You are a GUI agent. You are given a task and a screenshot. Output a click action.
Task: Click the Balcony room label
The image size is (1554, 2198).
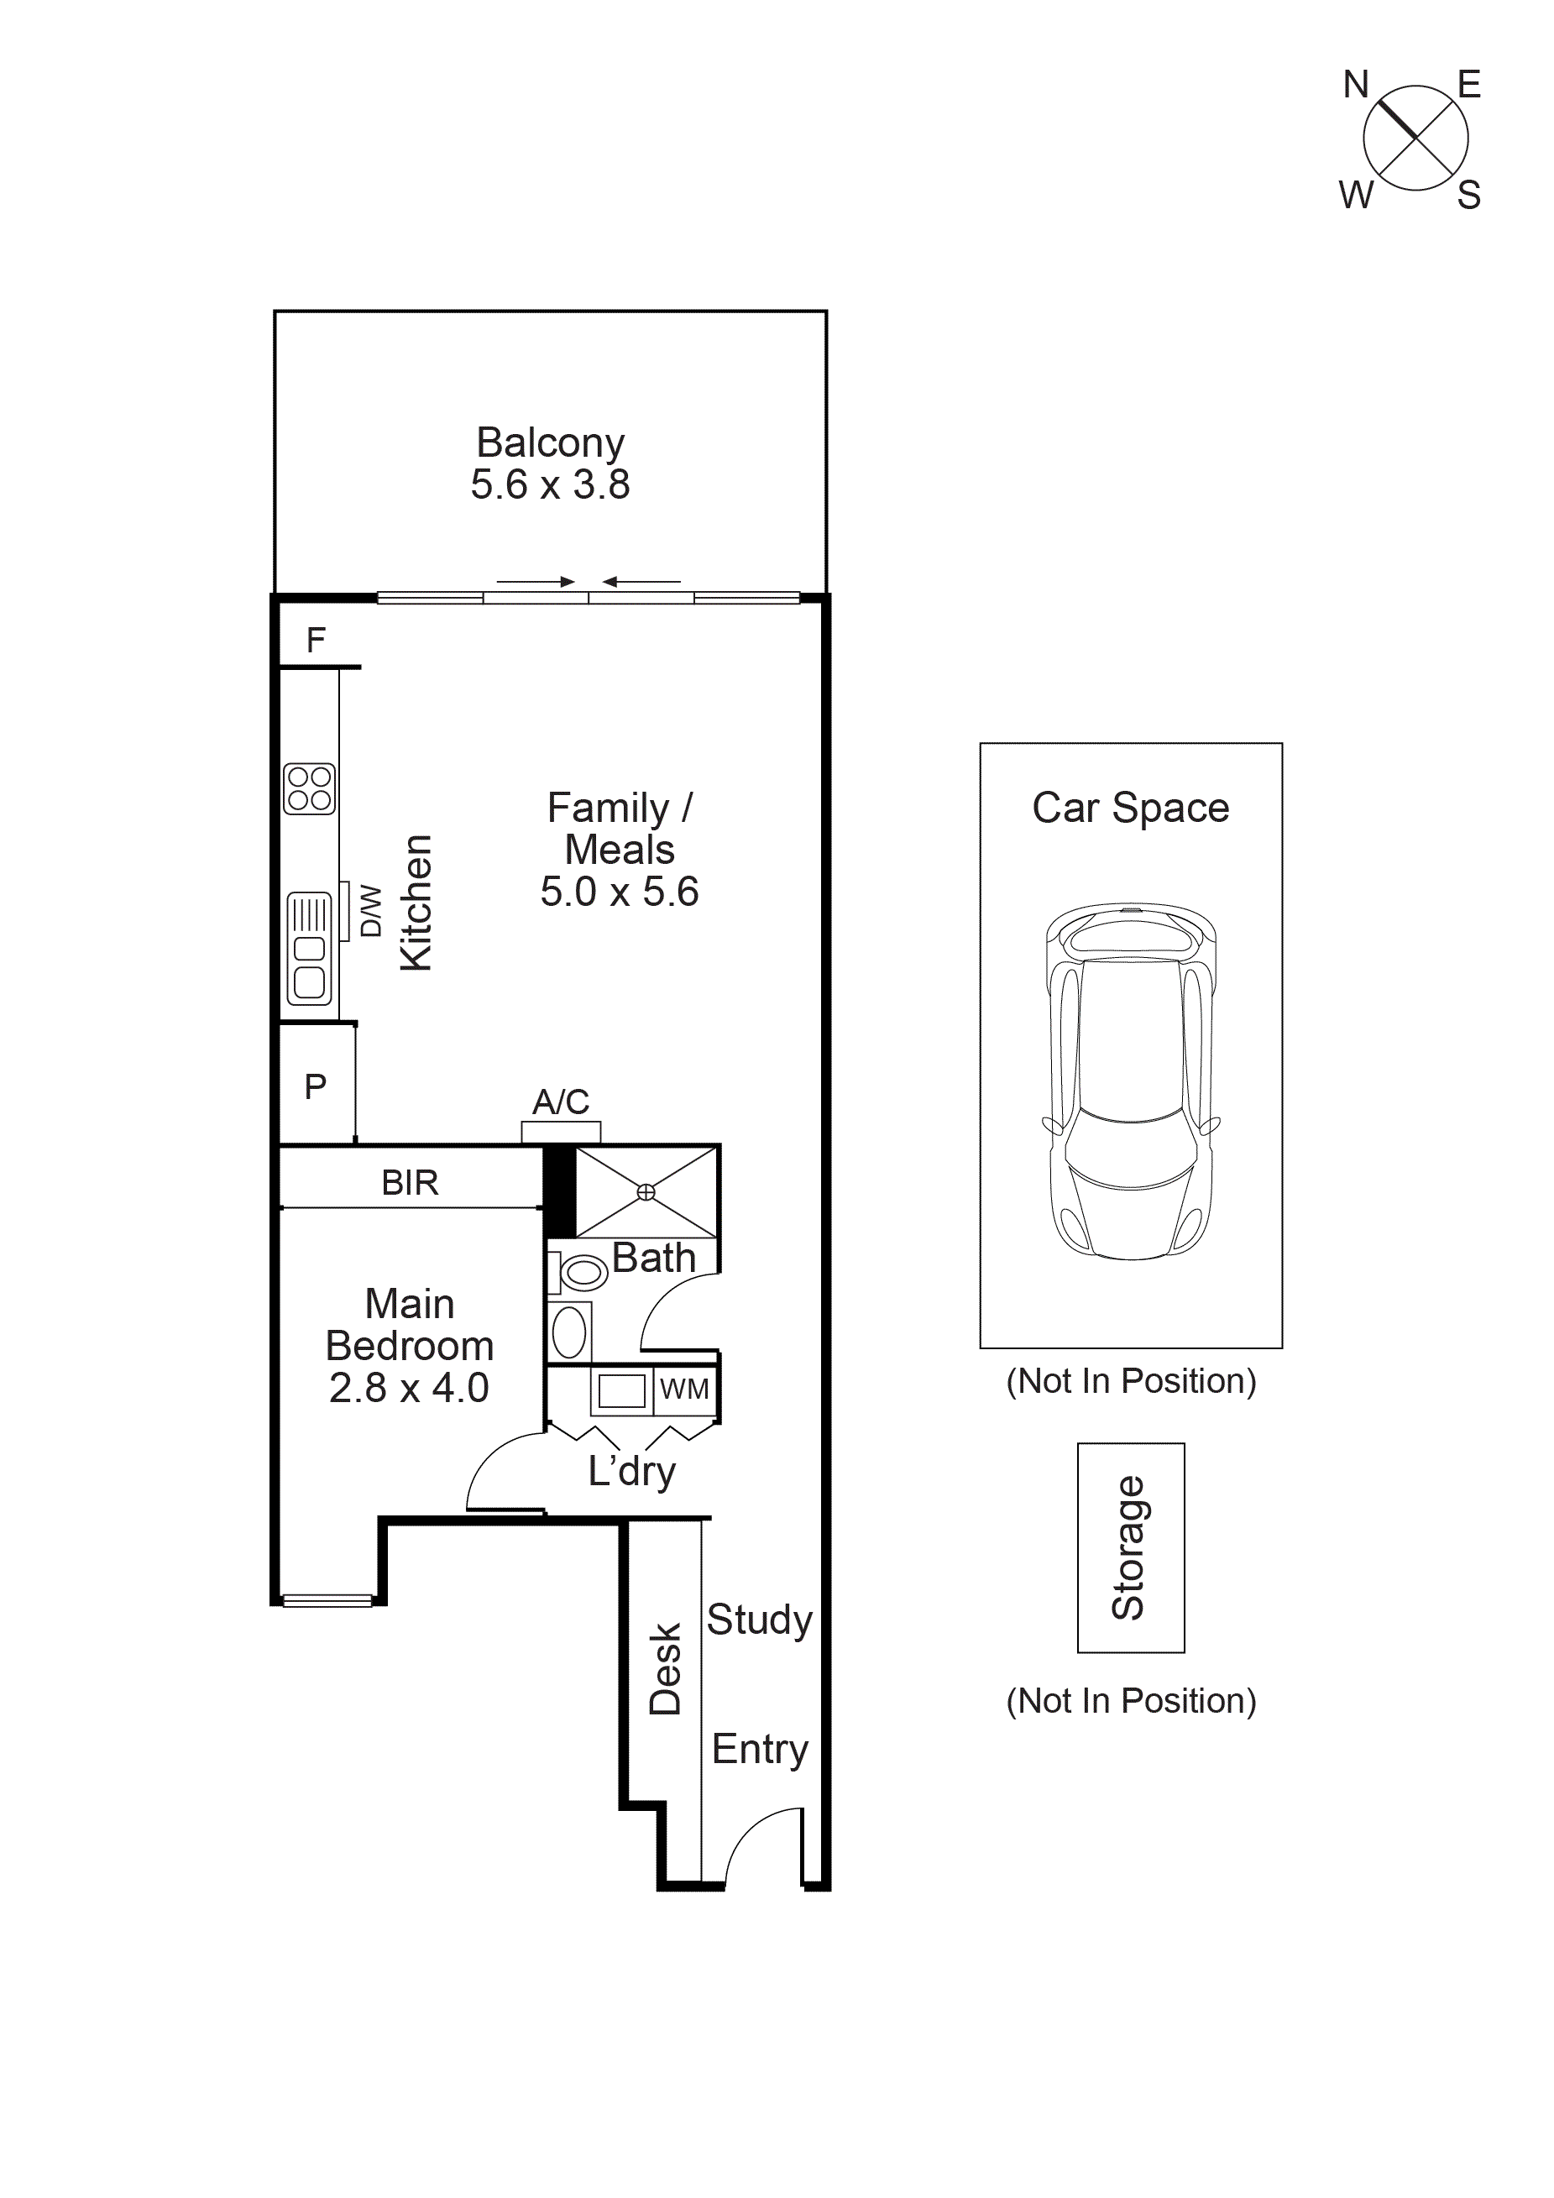(x=550, y=442)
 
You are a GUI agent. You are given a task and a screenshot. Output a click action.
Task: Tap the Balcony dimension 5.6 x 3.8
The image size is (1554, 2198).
(x=550, y=484)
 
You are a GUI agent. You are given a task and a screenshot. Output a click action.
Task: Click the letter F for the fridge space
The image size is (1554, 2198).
(x=316, y=640)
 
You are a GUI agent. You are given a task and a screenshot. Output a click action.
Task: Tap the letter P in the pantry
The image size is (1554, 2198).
(x=315, y=1086)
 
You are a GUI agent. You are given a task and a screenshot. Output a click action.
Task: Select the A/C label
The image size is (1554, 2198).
(x=561, y=1102)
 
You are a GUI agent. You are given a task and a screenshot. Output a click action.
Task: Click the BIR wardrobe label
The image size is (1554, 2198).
(x=410, y=1183)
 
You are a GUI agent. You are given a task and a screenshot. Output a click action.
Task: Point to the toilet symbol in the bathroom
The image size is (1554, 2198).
(x=580, y=1272)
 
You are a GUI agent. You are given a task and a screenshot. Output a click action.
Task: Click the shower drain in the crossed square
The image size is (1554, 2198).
(x=646, y=1192)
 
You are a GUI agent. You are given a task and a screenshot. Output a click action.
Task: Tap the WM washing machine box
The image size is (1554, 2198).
(x=684, y=1389)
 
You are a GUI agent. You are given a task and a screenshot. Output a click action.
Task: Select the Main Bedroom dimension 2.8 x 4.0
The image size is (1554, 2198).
(x=409, y=1388)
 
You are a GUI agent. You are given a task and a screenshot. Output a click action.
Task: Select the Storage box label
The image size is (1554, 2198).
(x=1129, y=1547)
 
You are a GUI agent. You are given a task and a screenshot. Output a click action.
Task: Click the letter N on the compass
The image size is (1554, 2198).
(x=1355, y=85)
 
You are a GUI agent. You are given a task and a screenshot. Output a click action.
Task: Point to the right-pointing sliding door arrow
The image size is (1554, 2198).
(x=536, y=582)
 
